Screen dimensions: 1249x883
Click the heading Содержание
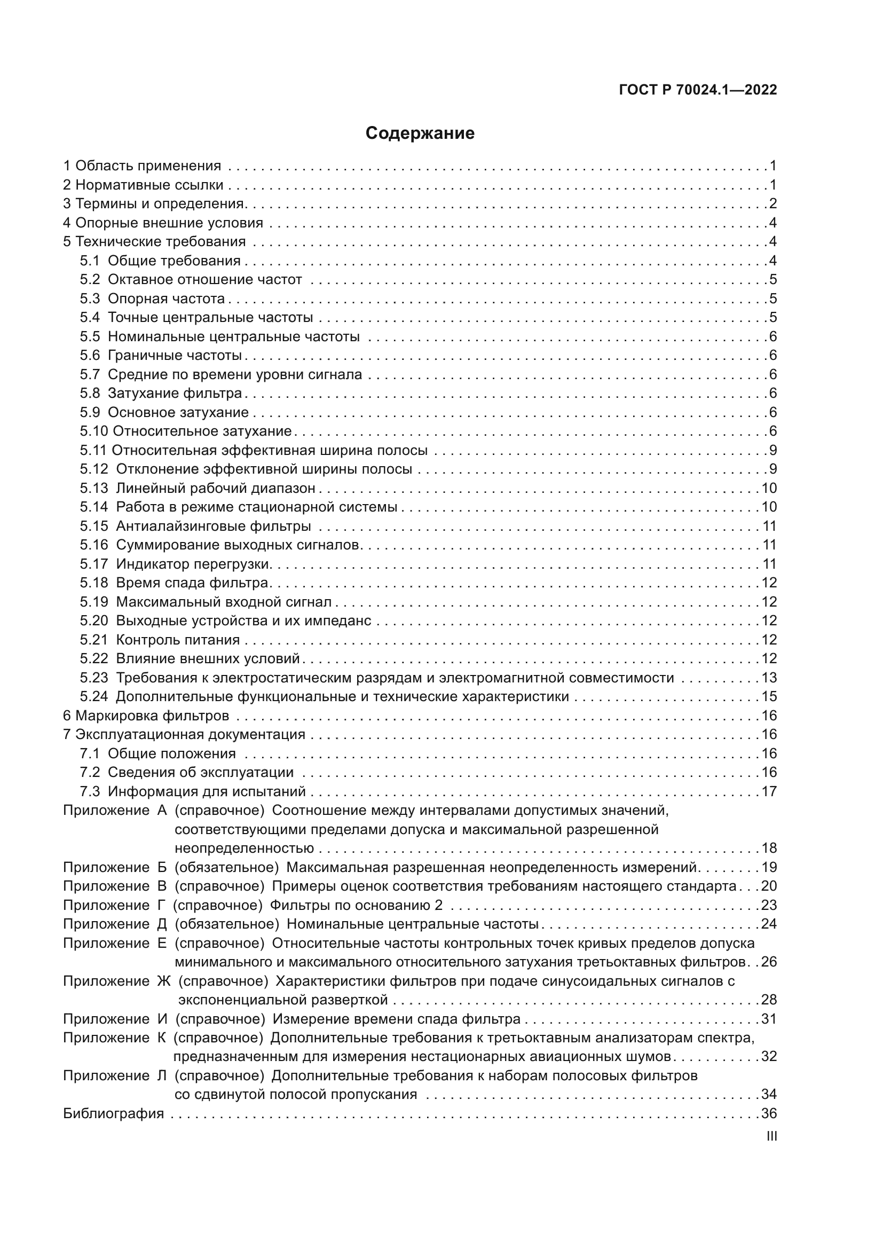[x=420, y=133]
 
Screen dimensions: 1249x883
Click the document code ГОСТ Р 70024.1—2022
[x=698, y=90]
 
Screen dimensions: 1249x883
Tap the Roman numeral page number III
[x=771, y=1136]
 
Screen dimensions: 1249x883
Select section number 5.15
[x=93, y=526]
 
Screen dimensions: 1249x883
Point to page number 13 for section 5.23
[x=769, y=678]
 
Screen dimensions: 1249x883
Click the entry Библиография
[x=114, y=1113]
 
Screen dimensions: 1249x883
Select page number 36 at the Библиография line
[x=769, y=1113]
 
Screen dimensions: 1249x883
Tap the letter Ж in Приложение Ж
[x=164, y=981]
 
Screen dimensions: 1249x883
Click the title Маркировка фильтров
[x=152, y=716]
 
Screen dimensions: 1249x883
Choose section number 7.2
[x=90, y=773]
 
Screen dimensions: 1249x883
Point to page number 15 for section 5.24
[x=769, y=697]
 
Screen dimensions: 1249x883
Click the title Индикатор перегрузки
[x=193, y=564]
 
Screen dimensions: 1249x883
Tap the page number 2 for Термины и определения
[x=772, y=204]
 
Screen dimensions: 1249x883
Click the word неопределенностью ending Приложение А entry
[x=244, y=849]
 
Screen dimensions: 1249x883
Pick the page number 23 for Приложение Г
[x=769, y=905]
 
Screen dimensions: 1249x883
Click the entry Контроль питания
[x=178, y=640]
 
